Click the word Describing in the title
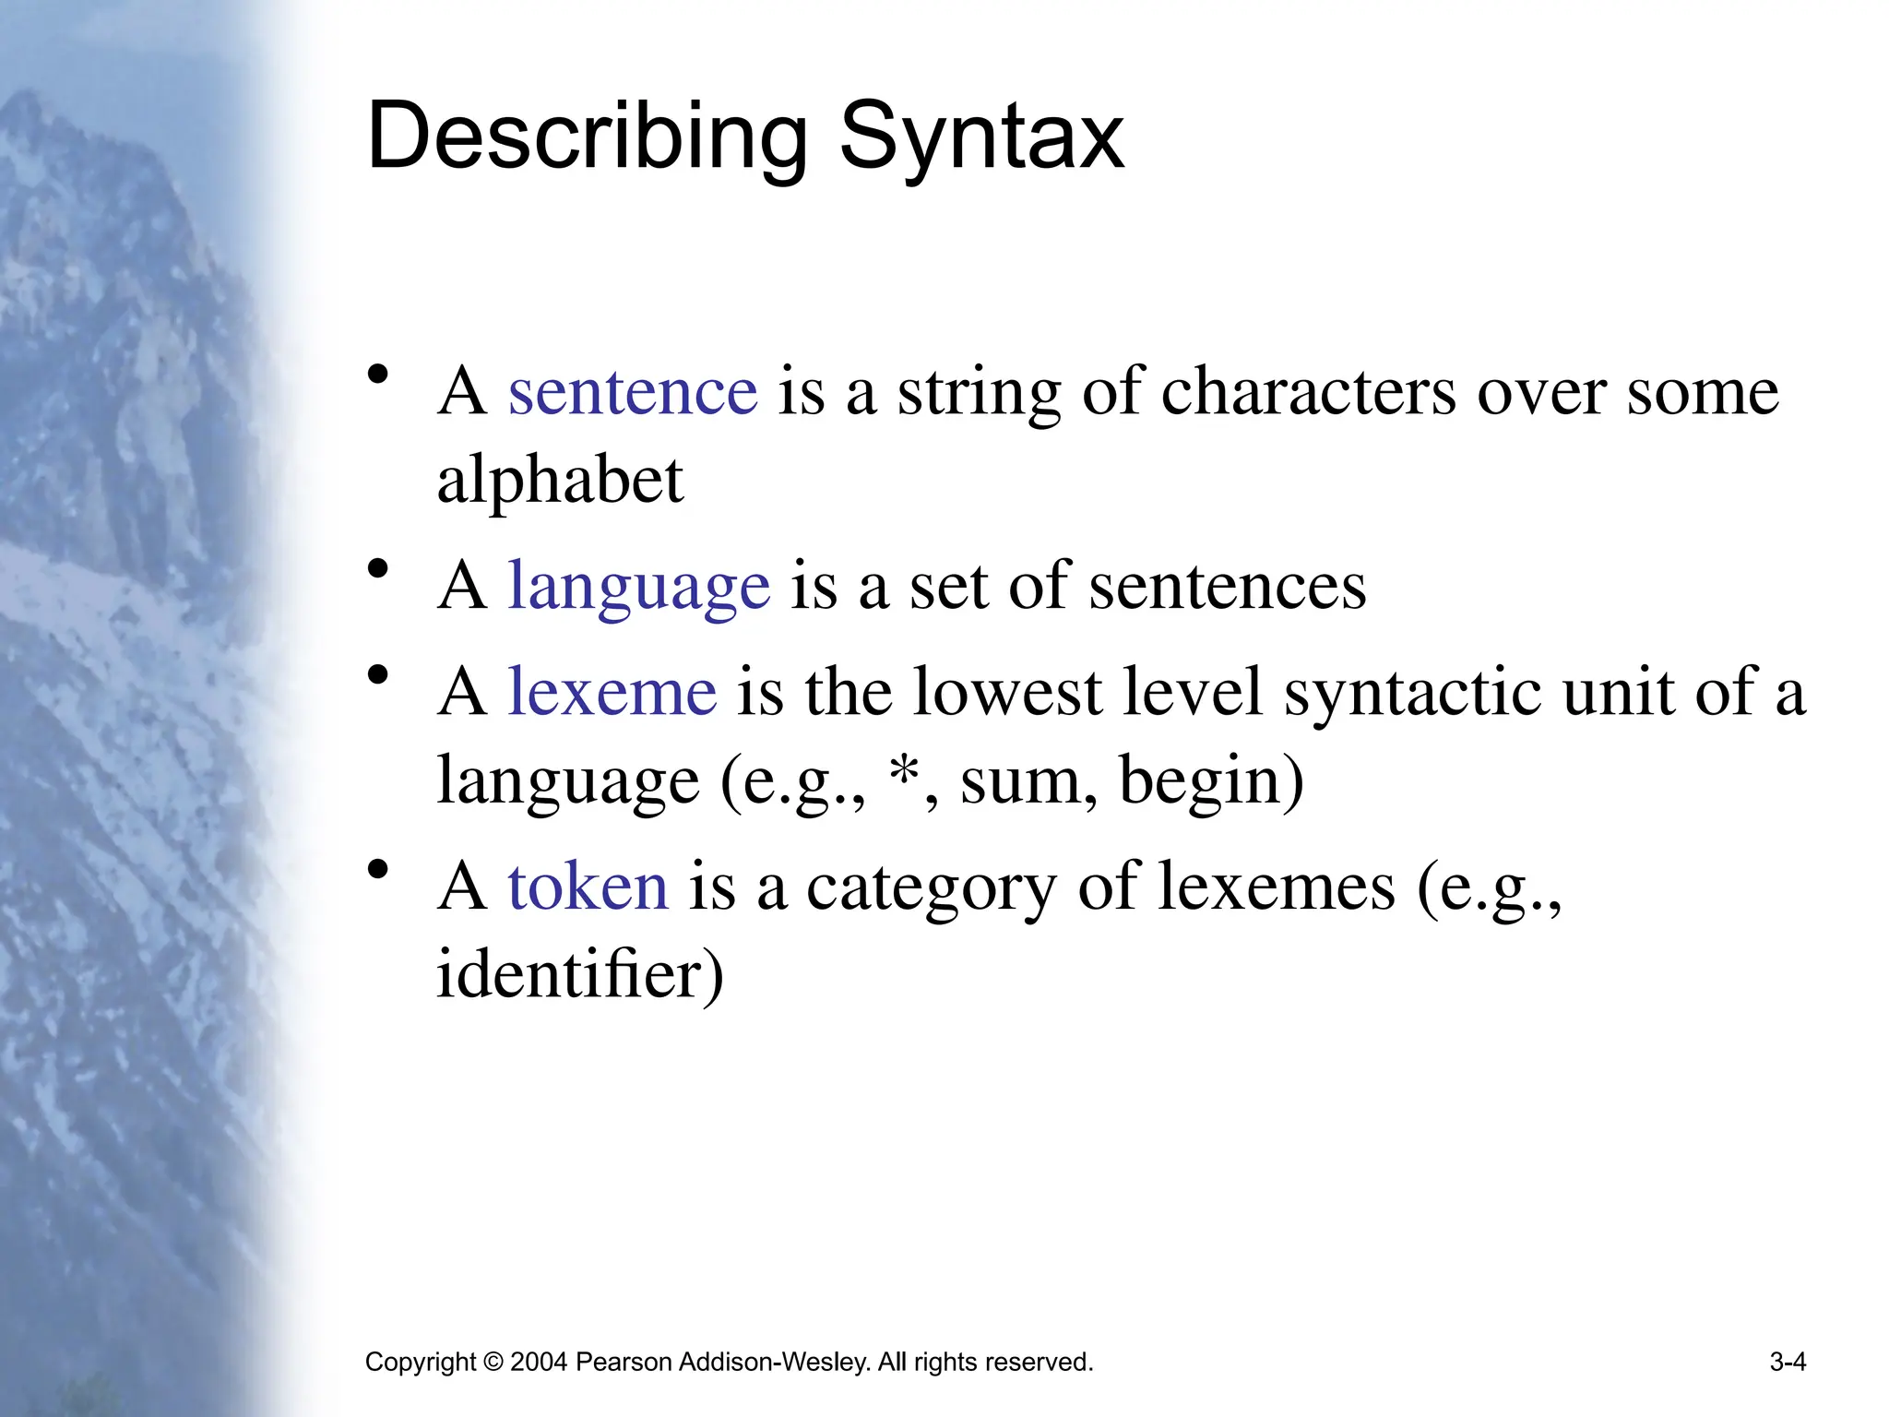(x=587, y=138)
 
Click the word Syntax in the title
(x=981, y=138)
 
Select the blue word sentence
(x=633, y=392)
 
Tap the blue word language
(x=638, y=587)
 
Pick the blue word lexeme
(x=612, y=692)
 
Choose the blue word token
(x=588, y=887)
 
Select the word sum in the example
(x=1020, y=780)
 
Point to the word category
(x=931, y=888)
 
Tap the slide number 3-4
(x=1788, y=1362)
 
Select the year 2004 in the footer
(x=538, y=1362)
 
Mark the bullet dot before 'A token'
(x=377, y=869)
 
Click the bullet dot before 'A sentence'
(x=377, y=375)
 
